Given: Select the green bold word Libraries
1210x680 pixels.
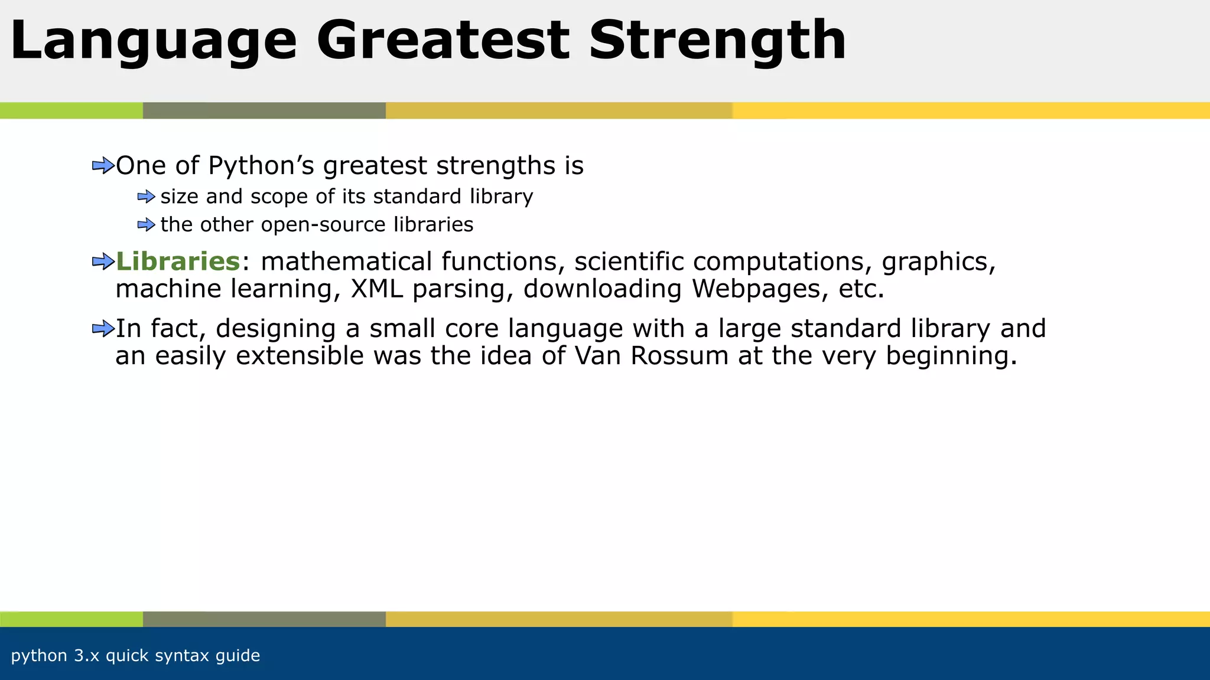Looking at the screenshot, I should [x=178, y=261].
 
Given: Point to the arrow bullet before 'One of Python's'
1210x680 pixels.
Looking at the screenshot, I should [x=103, y=166].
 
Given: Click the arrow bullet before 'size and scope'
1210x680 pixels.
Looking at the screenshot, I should [x=146, y=197].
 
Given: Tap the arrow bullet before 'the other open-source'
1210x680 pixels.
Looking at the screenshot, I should [x=146, y=225].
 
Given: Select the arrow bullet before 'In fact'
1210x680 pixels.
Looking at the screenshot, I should [x=103, y=329].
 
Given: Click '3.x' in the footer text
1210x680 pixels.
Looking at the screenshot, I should [x=87, y=656].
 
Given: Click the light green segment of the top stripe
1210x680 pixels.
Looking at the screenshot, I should [x=71, y=110].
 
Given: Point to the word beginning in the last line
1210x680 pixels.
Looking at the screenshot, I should [x=951, y=357].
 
